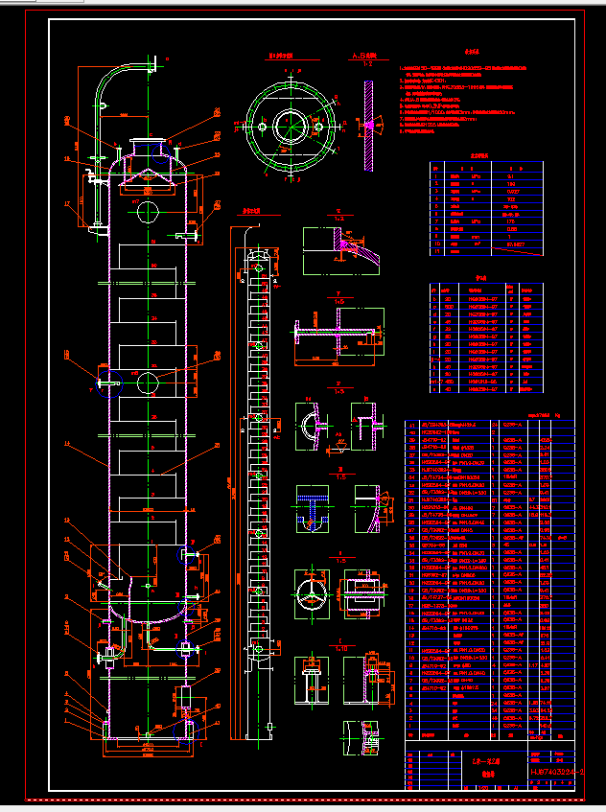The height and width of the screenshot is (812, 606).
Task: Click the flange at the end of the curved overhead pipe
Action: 153,66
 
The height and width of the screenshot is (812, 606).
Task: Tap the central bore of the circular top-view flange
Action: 291,123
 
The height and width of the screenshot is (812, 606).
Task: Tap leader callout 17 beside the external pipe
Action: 67,203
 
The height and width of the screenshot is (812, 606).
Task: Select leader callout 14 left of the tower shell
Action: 67,444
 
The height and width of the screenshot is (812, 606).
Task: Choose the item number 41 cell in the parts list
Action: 412,424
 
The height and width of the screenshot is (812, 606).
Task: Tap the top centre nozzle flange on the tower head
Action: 147,144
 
